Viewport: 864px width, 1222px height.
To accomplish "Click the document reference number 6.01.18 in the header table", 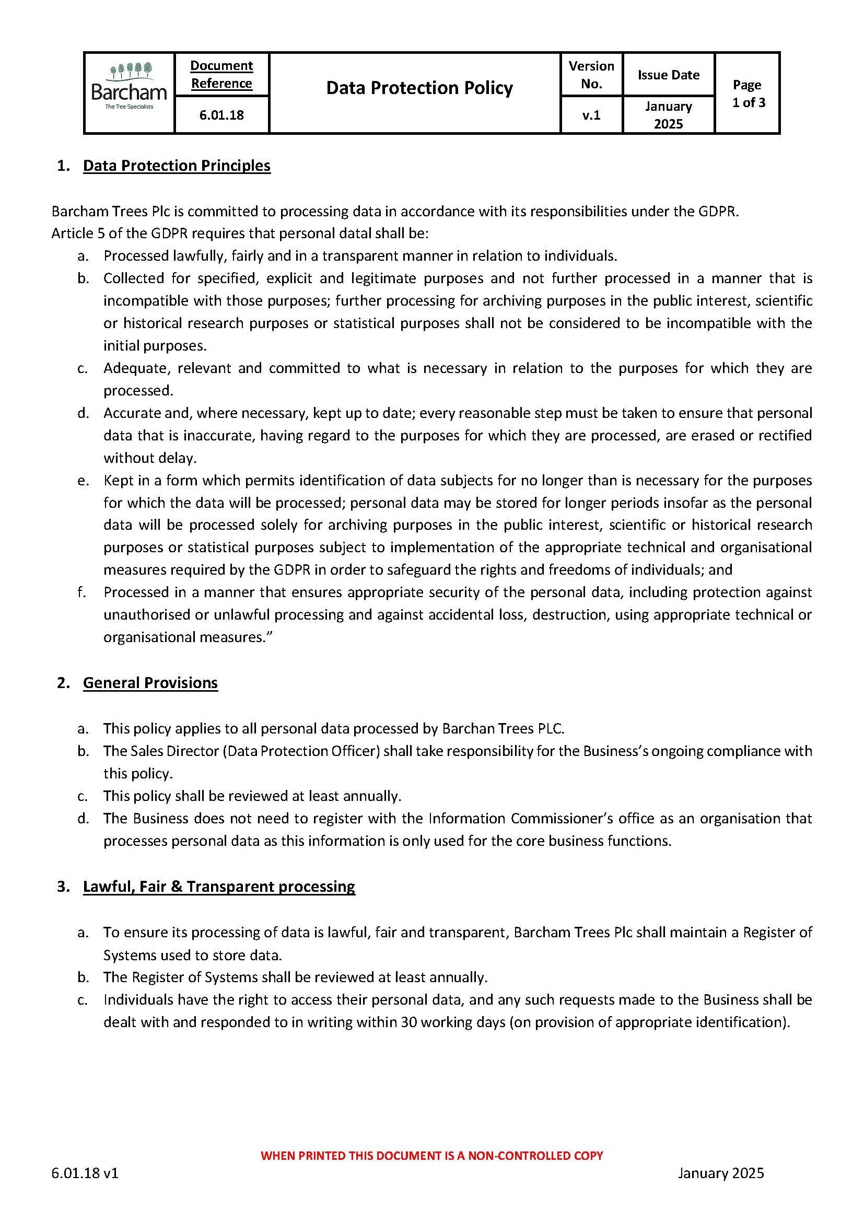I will [x=221, y=115].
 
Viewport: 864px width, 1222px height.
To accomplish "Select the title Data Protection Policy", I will [x=419, y=88].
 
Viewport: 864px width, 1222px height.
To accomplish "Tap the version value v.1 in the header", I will [x=591, y=115].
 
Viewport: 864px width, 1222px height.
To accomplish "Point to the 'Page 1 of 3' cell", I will [x=748, y=94].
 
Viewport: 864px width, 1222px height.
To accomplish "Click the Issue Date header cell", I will [x=668, y=75].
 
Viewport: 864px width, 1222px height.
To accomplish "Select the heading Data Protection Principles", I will [x=177, y=166].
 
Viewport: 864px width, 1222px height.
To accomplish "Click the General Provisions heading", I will [x=150, y=683].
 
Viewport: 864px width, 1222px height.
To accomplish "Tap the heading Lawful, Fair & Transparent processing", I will [x=219, y=886].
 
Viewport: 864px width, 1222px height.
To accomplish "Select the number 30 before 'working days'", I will [x=408, y=1022].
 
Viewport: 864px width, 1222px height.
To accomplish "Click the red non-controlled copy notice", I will [x=431, y=1156].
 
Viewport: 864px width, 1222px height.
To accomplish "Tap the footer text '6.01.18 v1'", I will [x=85, y=1173].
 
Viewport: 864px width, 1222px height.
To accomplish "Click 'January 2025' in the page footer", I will [x=720, y=1173].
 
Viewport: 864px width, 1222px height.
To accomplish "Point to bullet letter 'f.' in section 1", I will [x=81, y=592].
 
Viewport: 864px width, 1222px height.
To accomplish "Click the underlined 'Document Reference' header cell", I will [x=221, y=75].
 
